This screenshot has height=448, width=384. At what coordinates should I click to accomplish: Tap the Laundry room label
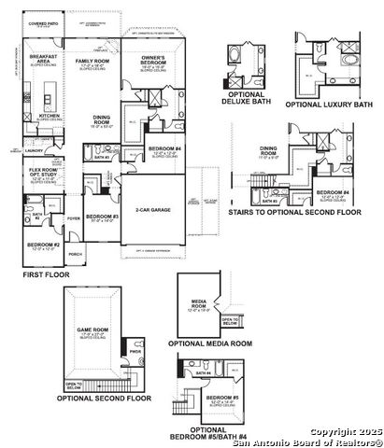tap(36, 148)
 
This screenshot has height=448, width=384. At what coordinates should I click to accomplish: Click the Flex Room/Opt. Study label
tap(41, 173)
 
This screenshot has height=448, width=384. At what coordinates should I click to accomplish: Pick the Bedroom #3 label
tap(99, 218)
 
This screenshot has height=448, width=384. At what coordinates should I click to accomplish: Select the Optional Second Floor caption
tap(103, 399)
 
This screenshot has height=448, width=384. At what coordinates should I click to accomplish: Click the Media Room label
tap(198, 303)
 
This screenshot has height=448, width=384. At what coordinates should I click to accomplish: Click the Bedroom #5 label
tap(222, 399)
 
